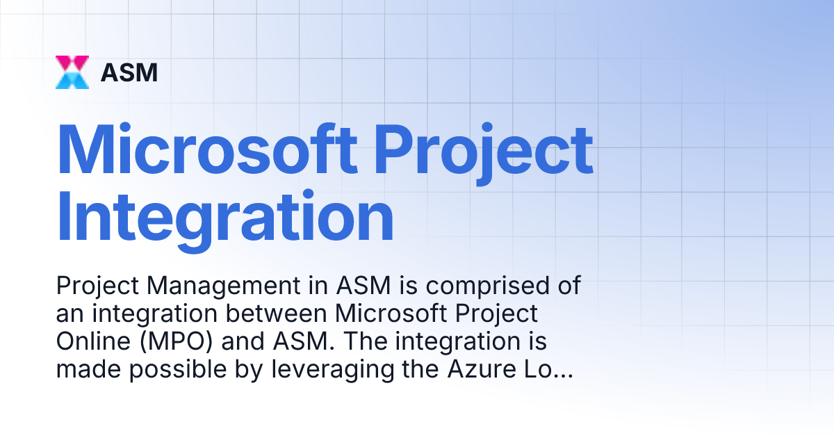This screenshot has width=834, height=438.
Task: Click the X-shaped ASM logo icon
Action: click(x=72, y=72)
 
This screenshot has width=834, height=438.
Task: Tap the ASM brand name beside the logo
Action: click(x=129, y=72)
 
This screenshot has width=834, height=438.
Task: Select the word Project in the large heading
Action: click(x=484, y=149)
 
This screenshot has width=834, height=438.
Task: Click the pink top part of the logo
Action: click(x=72, y=63)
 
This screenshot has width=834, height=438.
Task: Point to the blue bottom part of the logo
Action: click(x=72, y=81)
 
